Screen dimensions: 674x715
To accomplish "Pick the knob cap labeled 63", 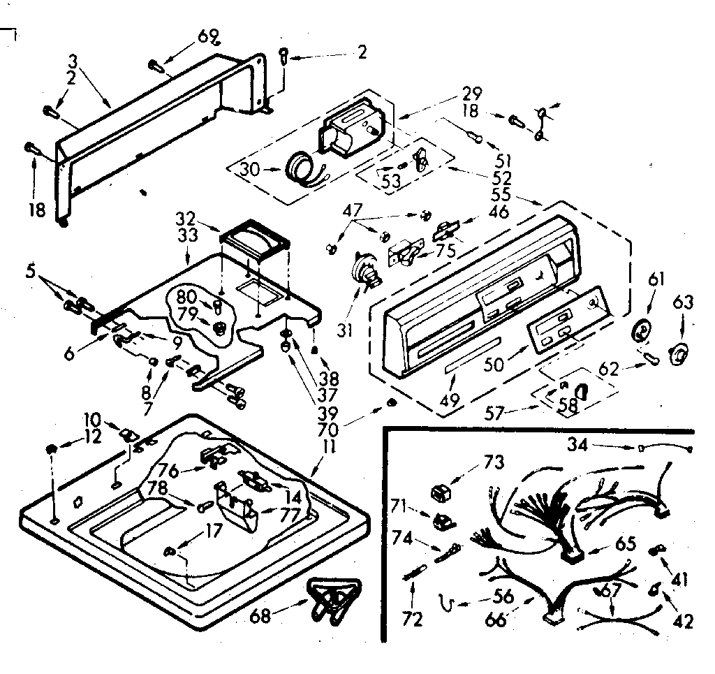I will [x=678, y=354].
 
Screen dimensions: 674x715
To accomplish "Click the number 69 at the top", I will [x=209, y=34].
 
